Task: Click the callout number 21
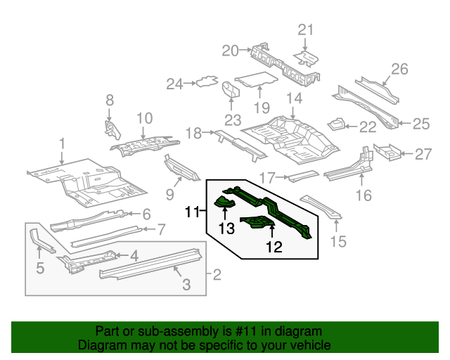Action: (304, 29)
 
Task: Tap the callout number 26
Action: (399, 68)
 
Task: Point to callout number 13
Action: (225, 228)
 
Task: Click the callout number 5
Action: (40, 267)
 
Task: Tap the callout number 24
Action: (174, 84)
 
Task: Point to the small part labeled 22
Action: (336, 124)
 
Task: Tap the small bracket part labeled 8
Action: (110, 128)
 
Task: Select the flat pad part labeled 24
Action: (205, 82)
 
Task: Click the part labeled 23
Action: (230, 90)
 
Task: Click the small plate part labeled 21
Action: (307, 55)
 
